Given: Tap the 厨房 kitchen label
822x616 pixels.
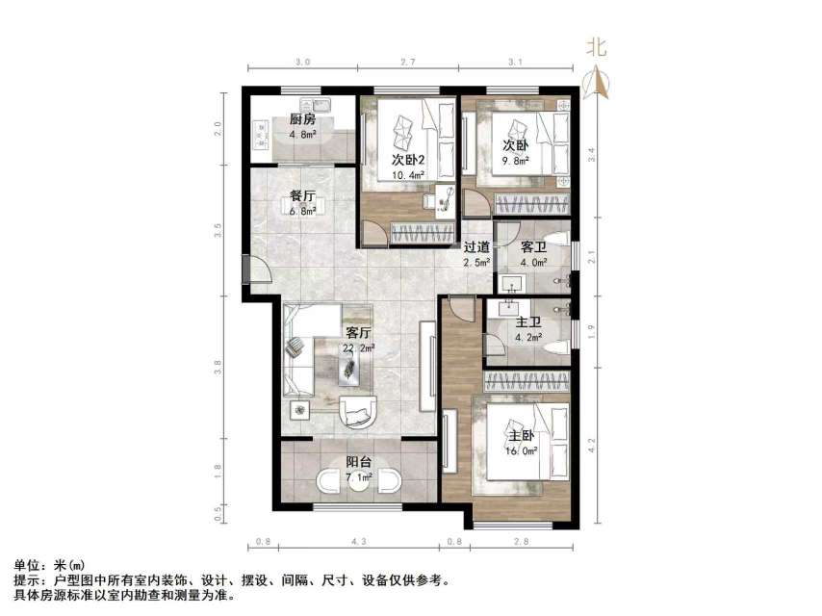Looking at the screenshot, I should click(x=302, y=120).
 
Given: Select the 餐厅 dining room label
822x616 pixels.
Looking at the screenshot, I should click(x=302, y=196).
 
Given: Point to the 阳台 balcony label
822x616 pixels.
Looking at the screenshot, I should click(x=359, y=462).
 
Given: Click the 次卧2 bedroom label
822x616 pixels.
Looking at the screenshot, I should click(x=409, y=160).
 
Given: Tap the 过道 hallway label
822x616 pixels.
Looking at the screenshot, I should click(x=476, y=246).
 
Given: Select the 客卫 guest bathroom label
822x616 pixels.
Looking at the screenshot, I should click(x=534, y=246).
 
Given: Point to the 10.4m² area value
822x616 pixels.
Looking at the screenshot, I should click(x=409, y=175).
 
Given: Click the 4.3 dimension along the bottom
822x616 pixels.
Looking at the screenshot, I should click(x=359, y=544).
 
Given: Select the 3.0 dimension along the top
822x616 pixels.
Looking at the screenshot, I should click(x=302, y=62).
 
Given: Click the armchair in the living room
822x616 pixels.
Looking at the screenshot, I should click(x=361, y=412).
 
